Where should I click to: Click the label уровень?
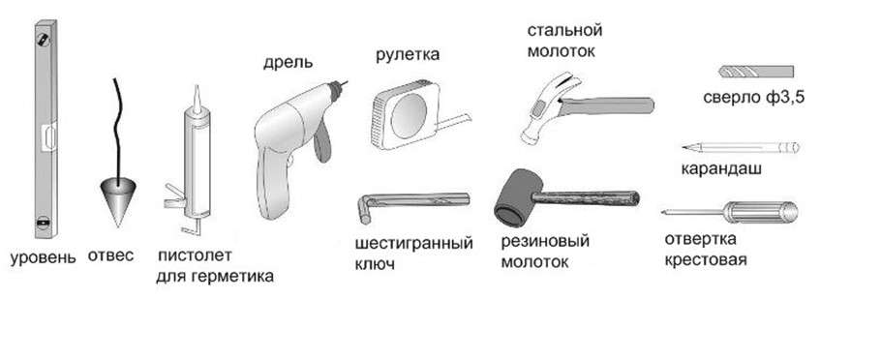coord(42,258)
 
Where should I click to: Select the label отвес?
coord(110,256)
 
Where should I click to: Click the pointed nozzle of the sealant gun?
coord(195,97)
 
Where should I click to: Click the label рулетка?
coord(406,56)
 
